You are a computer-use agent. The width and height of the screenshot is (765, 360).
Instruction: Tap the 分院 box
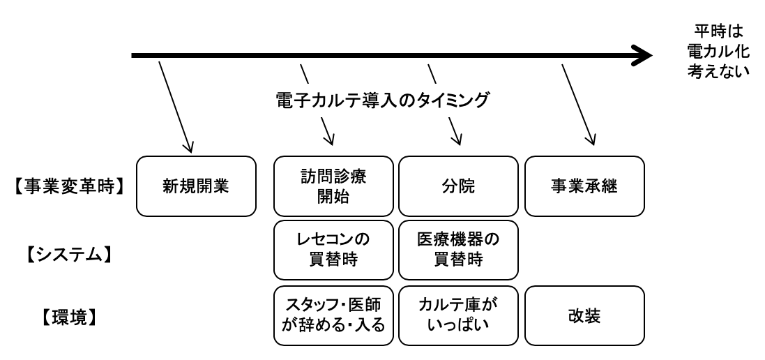(458, 186)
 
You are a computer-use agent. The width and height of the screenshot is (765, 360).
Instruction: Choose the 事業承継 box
(583, 186)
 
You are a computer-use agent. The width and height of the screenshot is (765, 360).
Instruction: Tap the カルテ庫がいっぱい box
(458, 315)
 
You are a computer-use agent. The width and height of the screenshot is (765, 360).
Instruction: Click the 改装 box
(583, 315)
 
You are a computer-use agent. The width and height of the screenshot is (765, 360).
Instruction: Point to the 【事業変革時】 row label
(68, 187)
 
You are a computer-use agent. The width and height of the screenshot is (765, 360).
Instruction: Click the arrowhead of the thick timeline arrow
(640, 54)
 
